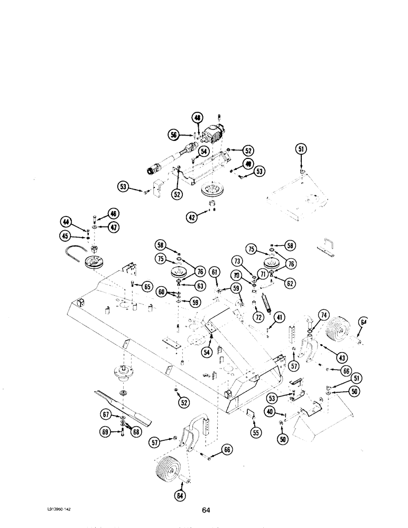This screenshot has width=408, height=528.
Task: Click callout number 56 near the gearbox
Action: (x=174, y=135)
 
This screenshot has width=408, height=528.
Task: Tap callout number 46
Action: (x=114, y=214)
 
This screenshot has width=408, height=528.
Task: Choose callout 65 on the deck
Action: (x=146, y=287)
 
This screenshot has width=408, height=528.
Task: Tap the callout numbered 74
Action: (x=321, y=314)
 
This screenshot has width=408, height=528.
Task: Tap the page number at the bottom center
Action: (x=207, y=510)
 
